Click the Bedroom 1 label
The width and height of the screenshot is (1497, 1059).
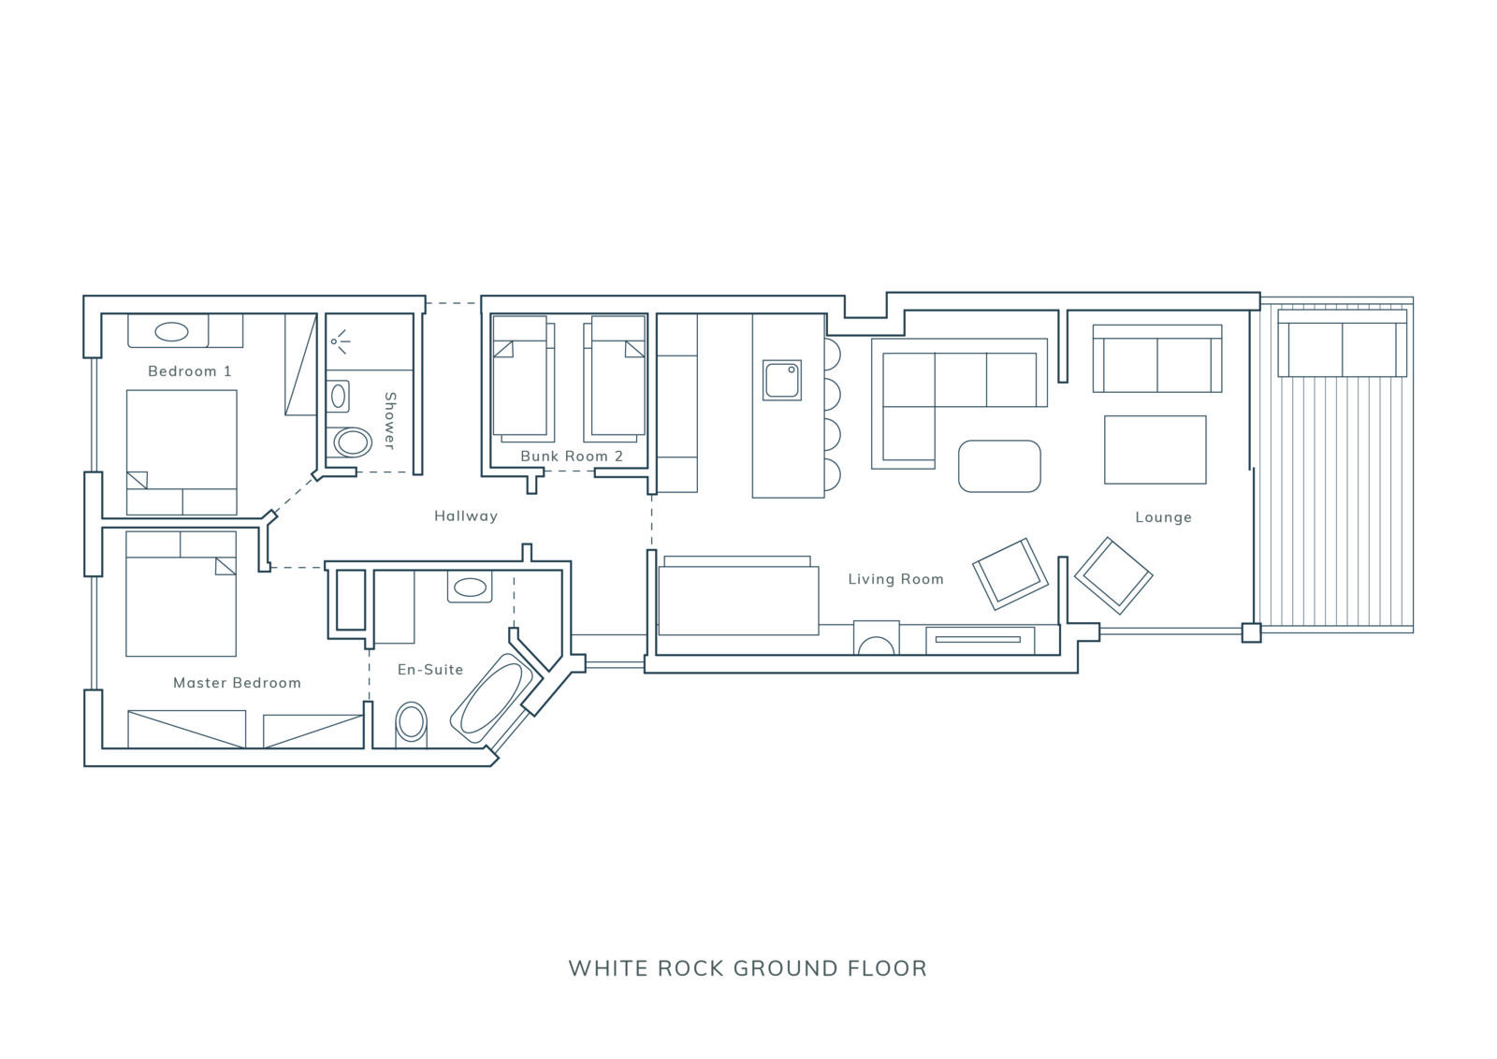coord(190,370)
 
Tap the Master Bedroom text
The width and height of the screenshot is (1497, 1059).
coord(238,682)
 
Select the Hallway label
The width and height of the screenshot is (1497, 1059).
coord(466,515)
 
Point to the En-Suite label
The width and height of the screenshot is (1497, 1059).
coord(430,670)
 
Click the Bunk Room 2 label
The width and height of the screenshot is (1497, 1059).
coord(572,457)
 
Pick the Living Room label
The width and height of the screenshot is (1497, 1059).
coord(895,579)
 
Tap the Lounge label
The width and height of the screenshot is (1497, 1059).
coord(1164,517)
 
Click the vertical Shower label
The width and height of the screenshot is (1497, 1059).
coord(390,420)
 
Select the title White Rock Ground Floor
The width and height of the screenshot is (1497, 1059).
coord(748,968)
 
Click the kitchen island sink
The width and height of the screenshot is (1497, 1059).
coord(782,381)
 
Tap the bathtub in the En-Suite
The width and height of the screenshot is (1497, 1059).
coord(491,698)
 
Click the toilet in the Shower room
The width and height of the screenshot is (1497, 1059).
coord(352,442)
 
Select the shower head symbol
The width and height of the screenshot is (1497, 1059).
coord(340,341)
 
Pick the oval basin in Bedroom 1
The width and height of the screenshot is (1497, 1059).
coord(171,331)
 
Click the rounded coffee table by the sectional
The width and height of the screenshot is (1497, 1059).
coord(999,467)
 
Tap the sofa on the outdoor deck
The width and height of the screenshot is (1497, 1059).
coord(1342,342)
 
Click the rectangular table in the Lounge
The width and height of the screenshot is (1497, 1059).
coord(1155,450)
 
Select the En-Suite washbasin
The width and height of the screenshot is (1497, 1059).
coord(470,588)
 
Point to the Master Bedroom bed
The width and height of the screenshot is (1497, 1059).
coord(182,593)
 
